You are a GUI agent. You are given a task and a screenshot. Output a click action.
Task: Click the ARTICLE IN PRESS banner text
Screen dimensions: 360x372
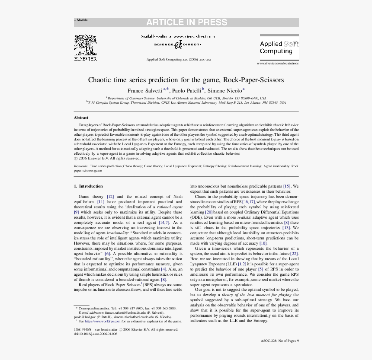pos(186,22)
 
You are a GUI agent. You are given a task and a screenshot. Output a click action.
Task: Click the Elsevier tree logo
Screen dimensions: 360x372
pos(85,45)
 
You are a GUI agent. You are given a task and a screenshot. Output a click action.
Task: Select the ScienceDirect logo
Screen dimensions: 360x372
pos(177,45)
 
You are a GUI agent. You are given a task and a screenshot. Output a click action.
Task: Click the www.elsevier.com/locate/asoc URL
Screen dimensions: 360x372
pos(278,64)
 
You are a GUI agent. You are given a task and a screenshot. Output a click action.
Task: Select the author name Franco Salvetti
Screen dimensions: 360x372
pos(144,91)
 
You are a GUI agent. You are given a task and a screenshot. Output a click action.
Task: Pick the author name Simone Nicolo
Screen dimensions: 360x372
pos(224,91)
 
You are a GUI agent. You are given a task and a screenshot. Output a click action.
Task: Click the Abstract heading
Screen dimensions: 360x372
pos(81,118)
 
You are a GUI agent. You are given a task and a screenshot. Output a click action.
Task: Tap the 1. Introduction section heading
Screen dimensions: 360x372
pos(88,186)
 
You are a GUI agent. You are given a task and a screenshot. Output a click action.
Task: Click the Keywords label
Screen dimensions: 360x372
pos(81,166)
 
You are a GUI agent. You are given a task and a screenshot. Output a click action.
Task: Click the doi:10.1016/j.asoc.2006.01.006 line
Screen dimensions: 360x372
pos(95,334)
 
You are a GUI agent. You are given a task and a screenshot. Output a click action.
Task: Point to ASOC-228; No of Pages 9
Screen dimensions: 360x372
pos(279,341)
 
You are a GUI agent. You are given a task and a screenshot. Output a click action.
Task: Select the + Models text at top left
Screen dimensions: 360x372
pos(80,20)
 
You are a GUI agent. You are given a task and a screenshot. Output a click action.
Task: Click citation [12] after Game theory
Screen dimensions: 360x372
pos(110,196)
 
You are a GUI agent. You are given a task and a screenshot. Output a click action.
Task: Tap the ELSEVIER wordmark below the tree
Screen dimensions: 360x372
pos(85,58)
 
